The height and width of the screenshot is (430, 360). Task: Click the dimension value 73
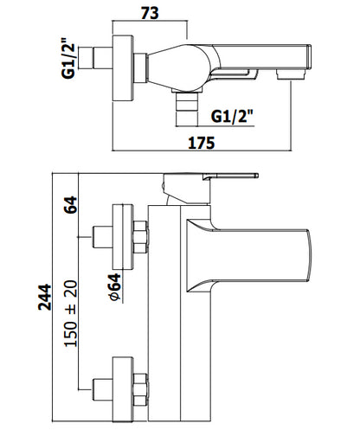(150, 13)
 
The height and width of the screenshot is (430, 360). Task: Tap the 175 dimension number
(202, 143)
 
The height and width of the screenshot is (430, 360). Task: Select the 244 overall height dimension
(45, 298)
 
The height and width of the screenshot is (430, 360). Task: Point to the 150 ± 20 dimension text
(71, 313)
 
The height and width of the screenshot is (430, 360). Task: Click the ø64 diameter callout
(115, 287)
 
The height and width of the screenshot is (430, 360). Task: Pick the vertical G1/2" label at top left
(68, 58)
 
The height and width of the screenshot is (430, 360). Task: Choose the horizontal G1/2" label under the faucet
(232, 116)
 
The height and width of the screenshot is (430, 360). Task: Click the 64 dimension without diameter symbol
(71, 205)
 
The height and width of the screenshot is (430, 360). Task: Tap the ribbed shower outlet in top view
(187, 109)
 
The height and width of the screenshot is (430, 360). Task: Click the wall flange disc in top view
(123, 68)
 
